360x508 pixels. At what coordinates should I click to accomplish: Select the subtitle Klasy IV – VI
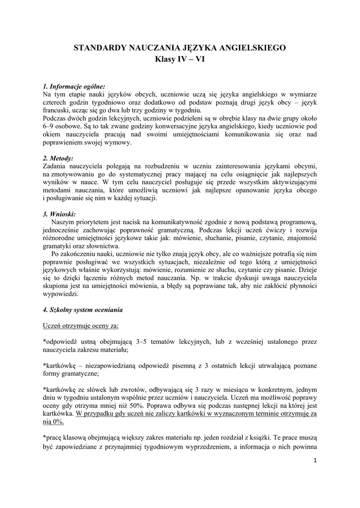click(x=180, y=60)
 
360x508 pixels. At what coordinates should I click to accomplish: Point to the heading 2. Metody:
click(x=58, y=158)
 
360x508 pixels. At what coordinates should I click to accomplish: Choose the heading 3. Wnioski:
click(x=59, y=214)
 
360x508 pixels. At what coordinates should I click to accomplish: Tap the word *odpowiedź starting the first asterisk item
click(x=62, y=342)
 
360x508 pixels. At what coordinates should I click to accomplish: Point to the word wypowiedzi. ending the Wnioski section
click(x=61, y=294)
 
